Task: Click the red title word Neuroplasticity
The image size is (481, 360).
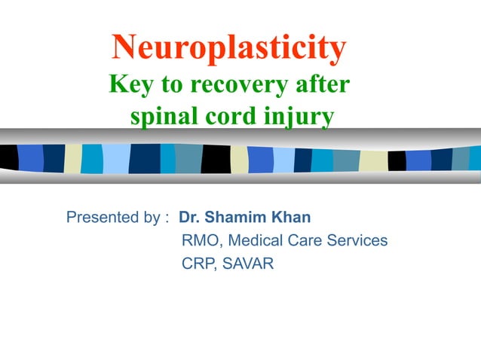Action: point(229,49)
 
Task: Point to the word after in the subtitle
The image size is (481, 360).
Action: point(323,84)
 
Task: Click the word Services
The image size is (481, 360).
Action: point(360,242)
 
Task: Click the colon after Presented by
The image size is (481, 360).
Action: point(166,219)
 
